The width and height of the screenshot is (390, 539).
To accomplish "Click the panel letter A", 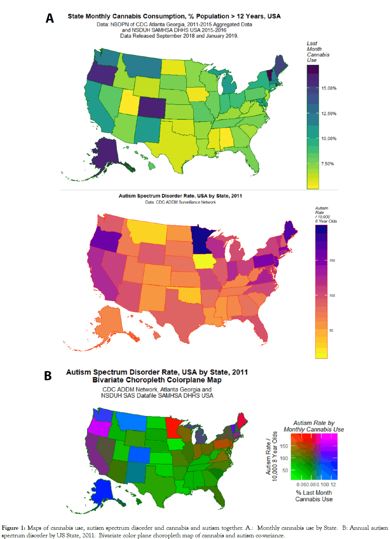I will pyautogui.click(x=50, y=18).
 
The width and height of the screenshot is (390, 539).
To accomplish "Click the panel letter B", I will pyautogui.click(x=48, y=376).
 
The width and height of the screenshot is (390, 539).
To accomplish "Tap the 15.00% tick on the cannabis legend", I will pyautogui.click(x=329, y=88).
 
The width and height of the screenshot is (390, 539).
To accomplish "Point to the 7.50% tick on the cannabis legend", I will pyautogui.click(x=327, y=164).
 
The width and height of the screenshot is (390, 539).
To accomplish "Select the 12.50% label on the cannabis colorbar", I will pyautogui.click(x=329, y=113).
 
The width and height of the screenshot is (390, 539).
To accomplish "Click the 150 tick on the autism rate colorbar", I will pyautogui.click(x=332, y=261).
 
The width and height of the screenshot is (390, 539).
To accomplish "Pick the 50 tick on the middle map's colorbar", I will pyautogui.click(x=331, y=331).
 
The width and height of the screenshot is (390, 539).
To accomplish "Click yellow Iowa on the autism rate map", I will pyautogui.click(x=204, y=261).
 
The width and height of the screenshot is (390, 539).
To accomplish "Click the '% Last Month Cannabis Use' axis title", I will pyautogui.click(x=314, y=496).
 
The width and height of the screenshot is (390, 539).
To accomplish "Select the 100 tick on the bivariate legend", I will pyautogui.click(x=284, y=458).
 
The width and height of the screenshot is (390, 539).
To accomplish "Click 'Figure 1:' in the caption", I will pyautogui.click(x=13, y=528).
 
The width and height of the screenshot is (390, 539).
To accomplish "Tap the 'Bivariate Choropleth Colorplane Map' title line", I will pyautogui.click(x=157, y=380).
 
